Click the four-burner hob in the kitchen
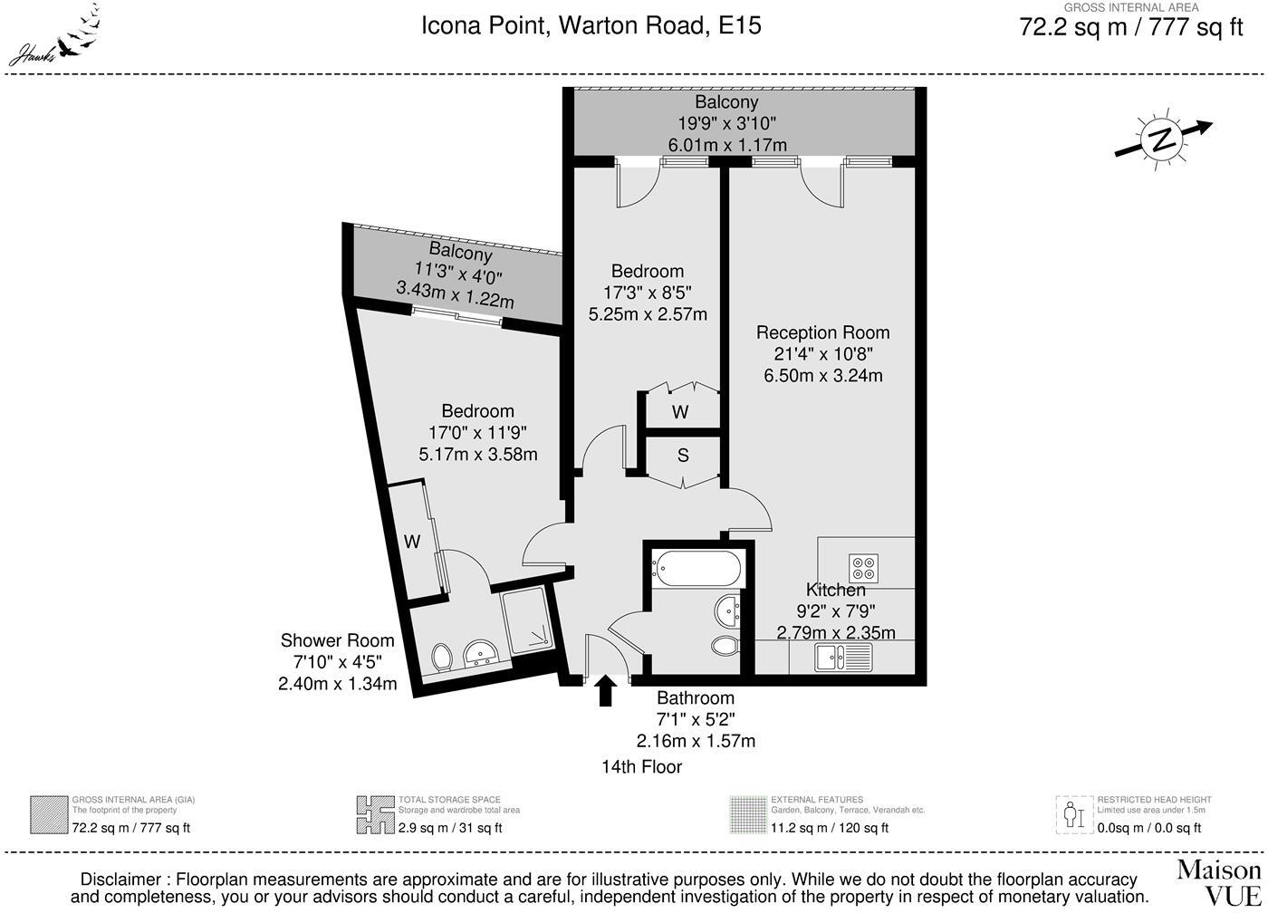(x=863, y=568)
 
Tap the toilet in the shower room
(x=442, y=656)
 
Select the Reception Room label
(x=822, y=332)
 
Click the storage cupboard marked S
(x=683, y=456)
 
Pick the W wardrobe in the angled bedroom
(x=413, y=542)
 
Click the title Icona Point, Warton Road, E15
(x=591, y=25)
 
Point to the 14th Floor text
(x=641, y=767)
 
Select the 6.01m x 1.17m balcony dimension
(x=727, y=145)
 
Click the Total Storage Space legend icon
(x=375, y=815)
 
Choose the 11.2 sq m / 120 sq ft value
(x=829, y=828)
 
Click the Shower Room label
(x=337, y=640)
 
